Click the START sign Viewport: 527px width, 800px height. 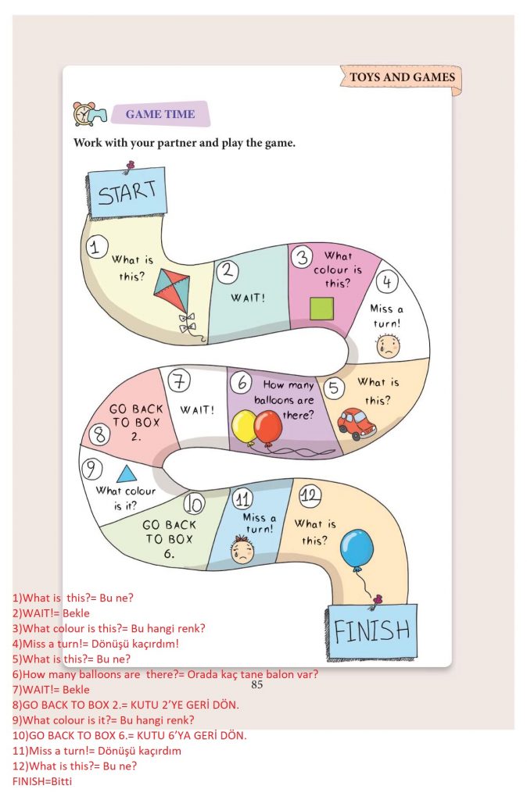click(127, 191)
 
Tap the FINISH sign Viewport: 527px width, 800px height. click(371, 630)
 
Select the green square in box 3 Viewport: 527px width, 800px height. click(321, 309)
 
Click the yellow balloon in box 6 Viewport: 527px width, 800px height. click(245, 427)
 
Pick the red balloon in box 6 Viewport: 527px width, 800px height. click(268, 427)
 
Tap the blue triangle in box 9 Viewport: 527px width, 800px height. click(124, 473)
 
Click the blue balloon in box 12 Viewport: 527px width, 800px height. click(358, 549)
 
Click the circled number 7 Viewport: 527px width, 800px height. click(180, 381)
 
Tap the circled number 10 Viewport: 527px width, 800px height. click(195, 505)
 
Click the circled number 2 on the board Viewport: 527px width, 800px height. click(228, 271)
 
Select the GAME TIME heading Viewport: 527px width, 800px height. click(160, 114)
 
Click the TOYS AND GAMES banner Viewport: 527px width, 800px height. click(401, 77)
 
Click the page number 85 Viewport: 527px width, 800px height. click(257, 685)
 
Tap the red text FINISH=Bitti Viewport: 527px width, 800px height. click(42, 780)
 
